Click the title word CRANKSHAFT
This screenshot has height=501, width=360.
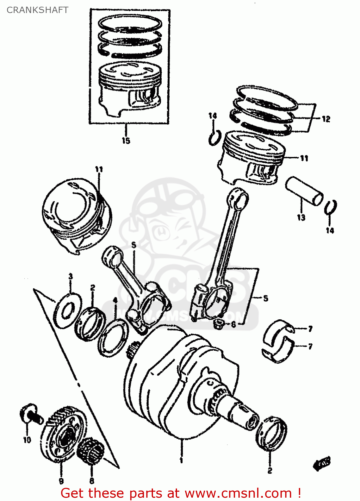[x=37, y=10]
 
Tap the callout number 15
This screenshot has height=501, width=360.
[x=126, y=141]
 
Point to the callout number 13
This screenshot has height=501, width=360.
[x=301, y=217]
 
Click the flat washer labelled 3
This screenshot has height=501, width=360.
[x=68, y=310]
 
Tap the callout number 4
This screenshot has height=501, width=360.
[x=115, y=301]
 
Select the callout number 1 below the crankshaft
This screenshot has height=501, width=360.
[x=181, y=460]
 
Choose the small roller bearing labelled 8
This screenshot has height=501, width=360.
[x=91, y=451]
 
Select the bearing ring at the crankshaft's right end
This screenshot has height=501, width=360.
[x=272, y=434]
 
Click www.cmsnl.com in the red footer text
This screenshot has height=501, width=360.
[x=238, y=493]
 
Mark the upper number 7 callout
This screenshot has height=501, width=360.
[x=310, y=329]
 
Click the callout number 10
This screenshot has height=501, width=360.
[x=27, y=440]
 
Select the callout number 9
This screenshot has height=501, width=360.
[x=61, y=481]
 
